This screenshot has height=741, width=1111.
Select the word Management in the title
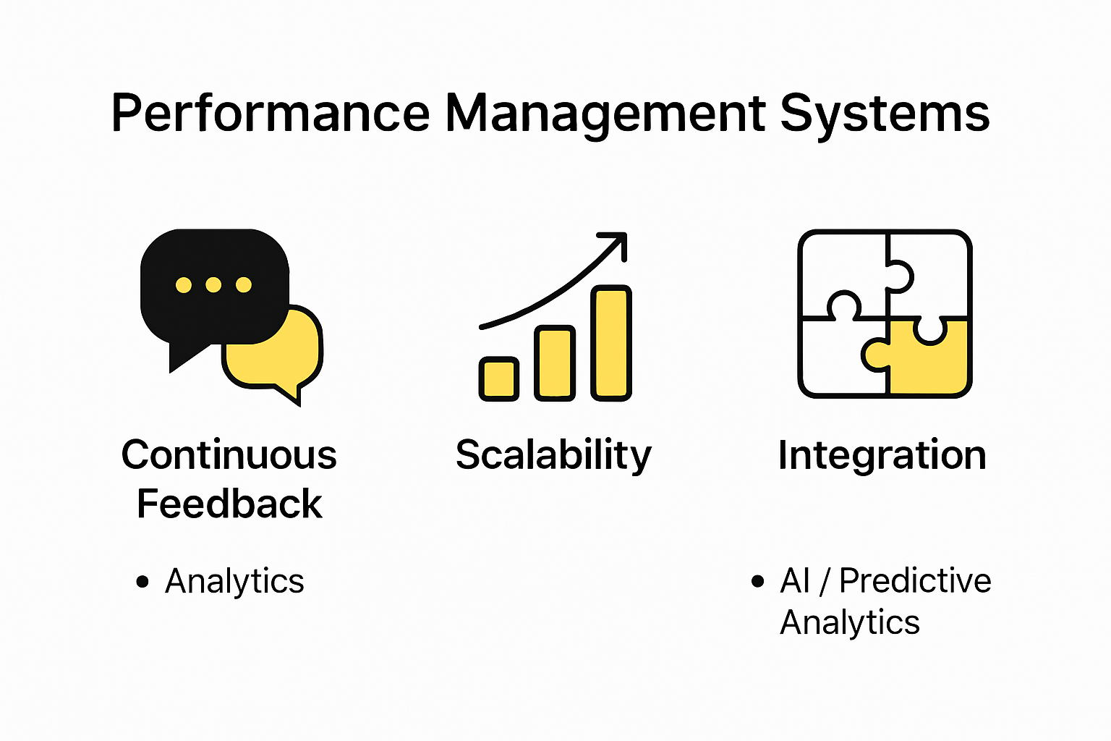[x=605, y=114]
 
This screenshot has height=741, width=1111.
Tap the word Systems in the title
[x=885, y=114]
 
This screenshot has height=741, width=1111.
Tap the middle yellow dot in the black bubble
[x=213, y=284]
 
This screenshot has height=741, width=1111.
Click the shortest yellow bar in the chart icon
[x=499, y=378]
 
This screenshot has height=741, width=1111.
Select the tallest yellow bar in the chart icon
[x=611, y=342]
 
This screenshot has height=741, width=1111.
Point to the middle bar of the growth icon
[x=555, y=363]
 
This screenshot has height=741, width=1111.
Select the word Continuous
[x=229, y=454]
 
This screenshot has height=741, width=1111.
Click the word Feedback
[x=229, y=504]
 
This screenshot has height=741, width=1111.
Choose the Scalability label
[x=553, y=455]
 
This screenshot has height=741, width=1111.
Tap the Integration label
[x=882, y=455]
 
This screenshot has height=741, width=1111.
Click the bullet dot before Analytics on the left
[x=142, y=581]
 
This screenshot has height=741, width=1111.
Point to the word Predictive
[x=915, y=580]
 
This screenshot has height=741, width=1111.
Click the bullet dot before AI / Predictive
[x=757, y=581]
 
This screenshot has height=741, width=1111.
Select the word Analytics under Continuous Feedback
[x=234, y=581]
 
